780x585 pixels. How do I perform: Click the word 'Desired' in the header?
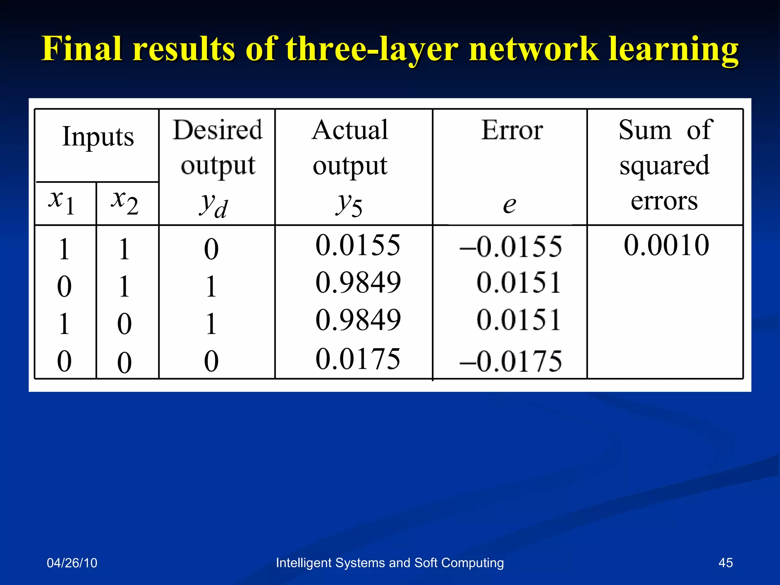click(217, 130)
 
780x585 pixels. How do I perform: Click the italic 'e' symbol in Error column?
click(509, 205)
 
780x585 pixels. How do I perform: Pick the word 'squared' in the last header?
click(664, 166)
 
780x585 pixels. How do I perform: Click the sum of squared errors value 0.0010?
click(666, 245)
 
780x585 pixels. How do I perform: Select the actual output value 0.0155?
click(358, 245)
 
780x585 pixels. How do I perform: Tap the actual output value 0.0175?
click(358, 359)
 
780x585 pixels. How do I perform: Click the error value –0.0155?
click(511, 247)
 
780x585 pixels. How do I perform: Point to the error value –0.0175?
click(511, 361)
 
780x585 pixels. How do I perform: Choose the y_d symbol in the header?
click(213, 205)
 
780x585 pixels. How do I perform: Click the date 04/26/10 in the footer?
click(72, 563)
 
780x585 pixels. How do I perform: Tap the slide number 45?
click(725, 563)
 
